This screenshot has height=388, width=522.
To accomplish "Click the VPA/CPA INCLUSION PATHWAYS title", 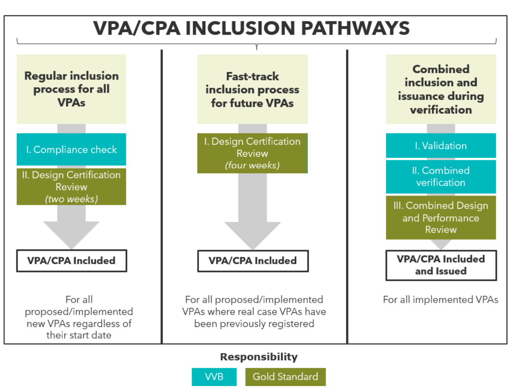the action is (x=251, y=28).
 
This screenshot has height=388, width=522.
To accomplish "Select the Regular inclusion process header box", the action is (x=71, y=89).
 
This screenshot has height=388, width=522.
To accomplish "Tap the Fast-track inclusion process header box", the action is (x=252, y=89).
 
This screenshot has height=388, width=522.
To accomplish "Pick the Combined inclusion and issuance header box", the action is (x=441, y=89).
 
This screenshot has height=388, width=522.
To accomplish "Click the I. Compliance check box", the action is (x=71, y=149).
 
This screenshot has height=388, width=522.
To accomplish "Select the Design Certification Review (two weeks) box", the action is (x=71, y=187).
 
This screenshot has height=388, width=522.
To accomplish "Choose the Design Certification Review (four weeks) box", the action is (x=252, y=153).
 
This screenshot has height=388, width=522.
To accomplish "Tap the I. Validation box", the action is (x=441, y=145).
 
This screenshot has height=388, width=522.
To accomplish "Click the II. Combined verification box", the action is (x=441, y=177).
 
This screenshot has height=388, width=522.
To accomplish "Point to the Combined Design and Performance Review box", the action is (x=441, y=217).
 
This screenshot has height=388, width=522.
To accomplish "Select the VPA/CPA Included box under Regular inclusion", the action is (x=71, y=261).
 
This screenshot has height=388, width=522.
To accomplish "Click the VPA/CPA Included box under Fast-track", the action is (x=253, y=261).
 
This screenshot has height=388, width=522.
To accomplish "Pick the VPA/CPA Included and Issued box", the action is (x=441, y=265).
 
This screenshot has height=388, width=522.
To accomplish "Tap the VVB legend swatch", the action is (x=214, y=377).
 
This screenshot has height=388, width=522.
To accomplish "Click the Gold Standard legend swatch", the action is (x=285, y=377).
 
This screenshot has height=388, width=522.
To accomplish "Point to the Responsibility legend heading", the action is (x=259, y=357).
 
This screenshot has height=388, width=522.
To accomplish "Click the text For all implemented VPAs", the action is (x=441, y=300).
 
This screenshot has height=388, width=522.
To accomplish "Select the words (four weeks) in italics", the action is (x=252, y=165).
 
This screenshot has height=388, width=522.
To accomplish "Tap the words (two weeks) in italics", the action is (x=71, y=199).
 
